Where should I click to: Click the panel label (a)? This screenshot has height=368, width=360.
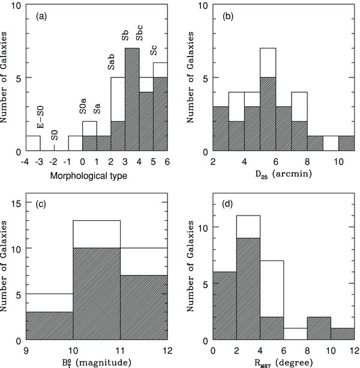point(41,16)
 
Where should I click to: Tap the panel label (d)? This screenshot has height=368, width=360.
point(227,204)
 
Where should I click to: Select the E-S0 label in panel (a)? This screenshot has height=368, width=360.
point(41,117)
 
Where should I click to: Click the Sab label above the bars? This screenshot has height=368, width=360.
point(111,62)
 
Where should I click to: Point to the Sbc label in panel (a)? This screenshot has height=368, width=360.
point(139,33)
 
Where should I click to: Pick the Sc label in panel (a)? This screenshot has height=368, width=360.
point(154,50)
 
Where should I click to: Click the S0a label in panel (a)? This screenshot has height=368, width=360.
point(83,106)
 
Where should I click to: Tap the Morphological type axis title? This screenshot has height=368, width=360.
point(89,175)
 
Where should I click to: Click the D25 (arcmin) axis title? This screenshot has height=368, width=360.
point(284,175)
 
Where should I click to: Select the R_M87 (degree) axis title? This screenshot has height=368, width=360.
point(284,363)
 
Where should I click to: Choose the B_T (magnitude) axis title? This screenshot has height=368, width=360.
point(97,363)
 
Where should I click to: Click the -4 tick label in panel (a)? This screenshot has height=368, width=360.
point(25,161)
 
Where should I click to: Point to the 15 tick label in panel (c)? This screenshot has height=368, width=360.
point(16,203)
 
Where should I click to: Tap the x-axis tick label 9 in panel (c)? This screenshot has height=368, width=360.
point(26,351)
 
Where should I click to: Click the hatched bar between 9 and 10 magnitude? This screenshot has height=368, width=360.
point(49,326)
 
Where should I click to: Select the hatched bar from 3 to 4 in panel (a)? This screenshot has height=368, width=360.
point(132,99)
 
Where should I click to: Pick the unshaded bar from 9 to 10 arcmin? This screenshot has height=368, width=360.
point(331,143)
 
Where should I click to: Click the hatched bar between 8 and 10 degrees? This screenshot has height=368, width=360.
point(319,328)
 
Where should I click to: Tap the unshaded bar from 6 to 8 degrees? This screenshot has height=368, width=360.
point(295,334)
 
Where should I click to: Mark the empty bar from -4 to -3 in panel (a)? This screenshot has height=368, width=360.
point(33,143)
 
